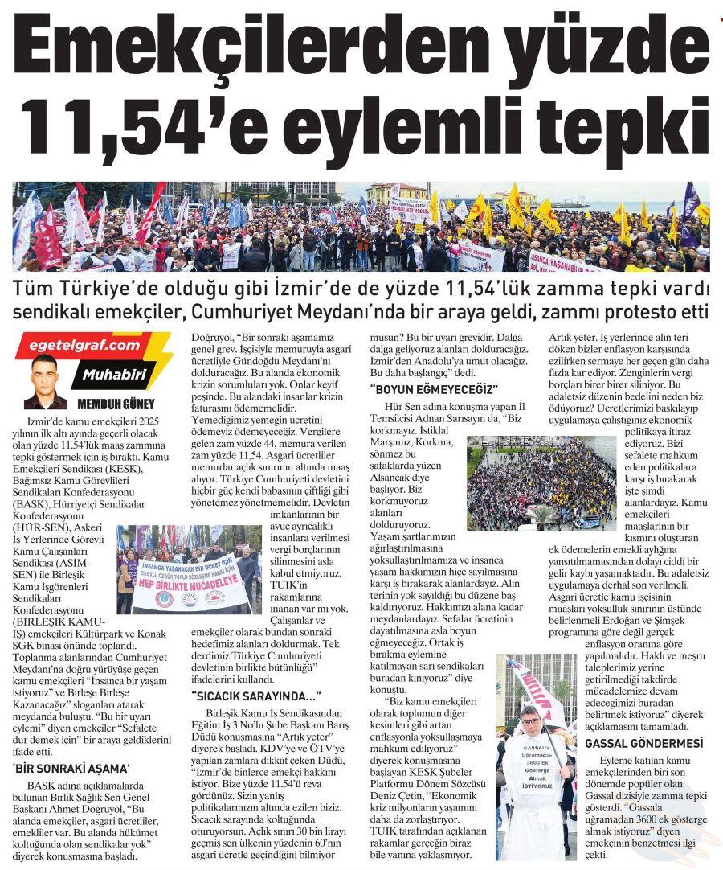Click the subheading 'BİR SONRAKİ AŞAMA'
[71, 769]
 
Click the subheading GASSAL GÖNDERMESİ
[644, 742]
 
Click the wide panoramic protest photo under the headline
[361, 227]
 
